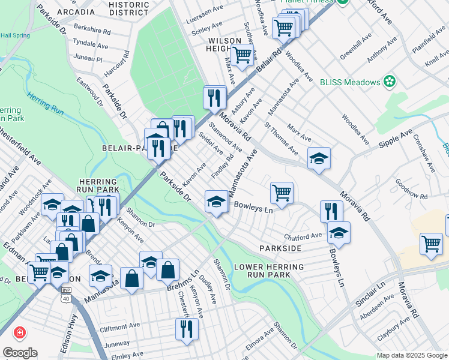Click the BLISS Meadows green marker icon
390,82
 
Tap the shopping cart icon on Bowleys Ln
282,193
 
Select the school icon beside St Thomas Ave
319,158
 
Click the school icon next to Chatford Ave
339,232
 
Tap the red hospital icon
20,332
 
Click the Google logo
20,353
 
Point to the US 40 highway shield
65,298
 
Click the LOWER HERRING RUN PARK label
270,271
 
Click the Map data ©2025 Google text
411,355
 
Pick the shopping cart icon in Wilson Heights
242,55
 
